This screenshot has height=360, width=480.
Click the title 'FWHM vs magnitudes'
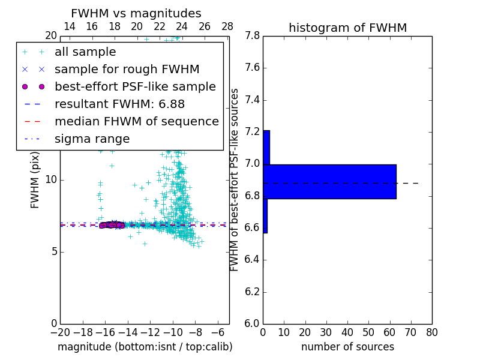point(136,14)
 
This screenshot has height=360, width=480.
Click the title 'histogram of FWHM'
point(347,28)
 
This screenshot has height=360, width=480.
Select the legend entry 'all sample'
point(85,52)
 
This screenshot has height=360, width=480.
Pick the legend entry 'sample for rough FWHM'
point(127,70)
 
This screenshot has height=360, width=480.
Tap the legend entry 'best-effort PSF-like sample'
point(135,87)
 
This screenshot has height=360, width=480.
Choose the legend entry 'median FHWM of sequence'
point(136,122)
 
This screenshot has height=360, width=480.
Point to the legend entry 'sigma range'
point(92,139)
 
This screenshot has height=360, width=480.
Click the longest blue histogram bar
point(329,181)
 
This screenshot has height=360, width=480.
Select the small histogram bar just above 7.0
point(266,148)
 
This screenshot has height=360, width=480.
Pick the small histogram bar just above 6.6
point(265,215)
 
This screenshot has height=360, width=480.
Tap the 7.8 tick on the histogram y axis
point(252,36)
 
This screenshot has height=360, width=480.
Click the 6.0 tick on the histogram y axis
point(252,324)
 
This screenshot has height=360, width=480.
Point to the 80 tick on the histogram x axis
point(432,332)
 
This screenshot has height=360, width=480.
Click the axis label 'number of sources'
point(347,347)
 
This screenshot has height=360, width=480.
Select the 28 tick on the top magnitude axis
point(227,26)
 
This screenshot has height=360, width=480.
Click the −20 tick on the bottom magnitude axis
point(60,332)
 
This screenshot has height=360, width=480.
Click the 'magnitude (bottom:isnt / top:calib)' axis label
point(145,347)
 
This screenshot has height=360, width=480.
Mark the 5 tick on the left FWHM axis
point(53,251)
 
